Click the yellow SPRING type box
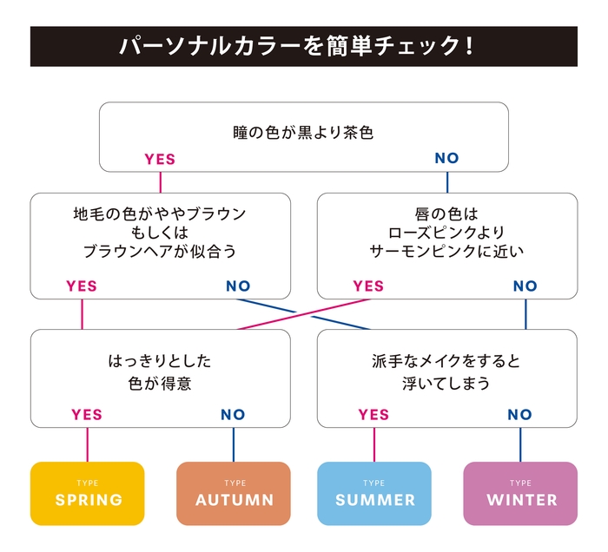click(x=87, y=493)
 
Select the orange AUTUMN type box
click(x=234, y=493)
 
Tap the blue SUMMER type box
click(x=374, y=493)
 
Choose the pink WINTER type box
click(x=520, y=493)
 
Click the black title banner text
click(x=303, y=46)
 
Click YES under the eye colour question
click(x=160, y=159)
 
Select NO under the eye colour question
click(x=446, y=159)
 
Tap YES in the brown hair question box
click(x=82, y=286)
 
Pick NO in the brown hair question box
click(x=238, y=286)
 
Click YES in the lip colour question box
click(x=368, y=286)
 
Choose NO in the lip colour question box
click(x=525, y=286)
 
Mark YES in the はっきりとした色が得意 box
click(x=87, y=414)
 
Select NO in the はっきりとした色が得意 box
click(x=233, y=414)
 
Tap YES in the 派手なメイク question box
click(x=373, y=414)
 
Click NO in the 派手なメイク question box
click(x=519, y=414)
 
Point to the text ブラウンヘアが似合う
click(x=160, y=253)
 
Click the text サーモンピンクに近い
click(x=446, y=253)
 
